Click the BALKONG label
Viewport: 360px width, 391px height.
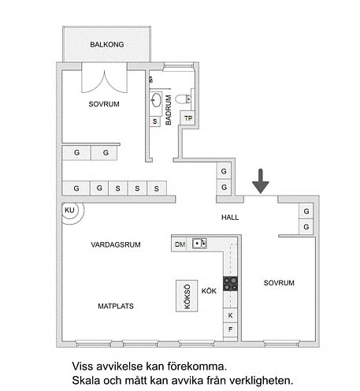(107, 45)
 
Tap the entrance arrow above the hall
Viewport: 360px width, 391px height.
(261, 181)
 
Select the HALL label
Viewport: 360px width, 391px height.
(230, 218)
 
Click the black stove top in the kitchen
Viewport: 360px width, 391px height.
(230, 284)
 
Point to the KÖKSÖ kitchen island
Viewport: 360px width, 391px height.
(187, 296)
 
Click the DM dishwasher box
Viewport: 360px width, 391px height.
(180, 244)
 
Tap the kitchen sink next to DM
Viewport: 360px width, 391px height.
(199, 244)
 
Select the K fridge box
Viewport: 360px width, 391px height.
(230, 315)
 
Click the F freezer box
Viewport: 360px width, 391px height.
(230, 330)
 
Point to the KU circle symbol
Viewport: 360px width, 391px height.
(69, 210)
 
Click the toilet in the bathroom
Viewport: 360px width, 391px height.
(183, 99)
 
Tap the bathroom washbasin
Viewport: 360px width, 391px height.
(156, 100)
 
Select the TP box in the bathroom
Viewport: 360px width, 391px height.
(187, 118)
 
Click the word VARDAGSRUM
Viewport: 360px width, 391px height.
(116, 244)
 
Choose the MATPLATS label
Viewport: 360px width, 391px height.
(116, 306)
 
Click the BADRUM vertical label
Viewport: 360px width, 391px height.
(169, 110)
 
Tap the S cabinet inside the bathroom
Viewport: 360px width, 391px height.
(155, 121)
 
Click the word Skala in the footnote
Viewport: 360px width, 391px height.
(86, 380)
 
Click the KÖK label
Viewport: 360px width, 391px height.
(209, 291)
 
